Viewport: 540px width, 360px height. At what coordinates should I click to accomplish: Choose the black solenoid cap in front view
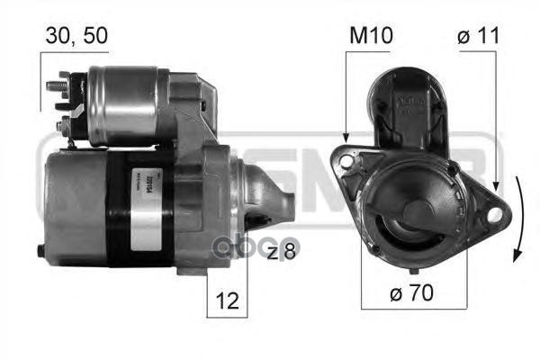point(415,103)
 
